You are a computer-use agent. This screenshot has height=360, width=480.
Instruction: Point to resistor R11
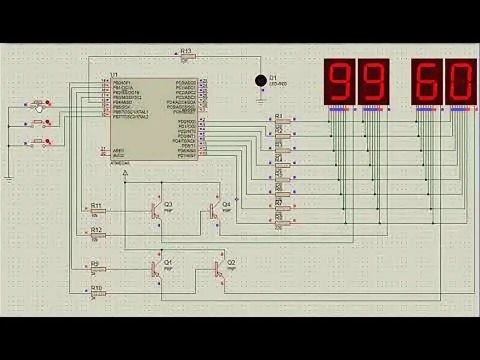tap(97, 211)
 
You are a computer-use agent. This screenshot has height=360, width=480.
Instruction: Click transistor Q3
tap(156, 211)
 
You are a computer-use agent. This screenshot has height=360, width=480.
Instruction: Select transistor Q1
tap(156, 269)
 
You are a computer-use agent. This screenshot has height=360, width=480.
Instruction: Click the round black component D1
tap(260, 80)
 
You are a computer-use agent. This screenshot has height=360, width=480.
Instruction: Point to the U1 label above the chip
tap(112, 75)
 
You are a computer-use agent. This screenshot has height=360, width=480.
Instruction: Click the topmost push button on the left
tap(38, 104)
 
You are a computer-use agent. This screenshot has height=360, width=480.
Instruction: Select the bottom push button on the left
tap(38, 143)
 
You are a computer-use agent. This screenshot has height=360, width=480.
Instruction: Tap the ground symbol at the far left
tap(8, 178)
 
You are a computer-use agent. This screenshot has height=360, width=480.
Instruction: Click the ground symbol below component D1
tap(260, 101)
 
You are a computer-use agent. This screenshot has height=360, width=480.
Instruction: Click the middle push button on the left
tap(38, 123)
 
